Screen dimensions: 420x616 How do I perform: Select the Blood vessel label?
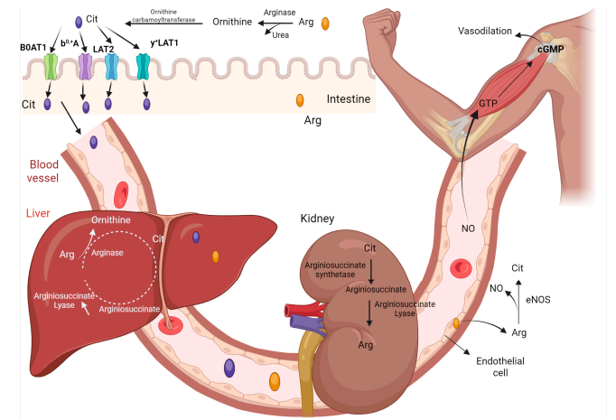pyautogui.click(x=44, y=172)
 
